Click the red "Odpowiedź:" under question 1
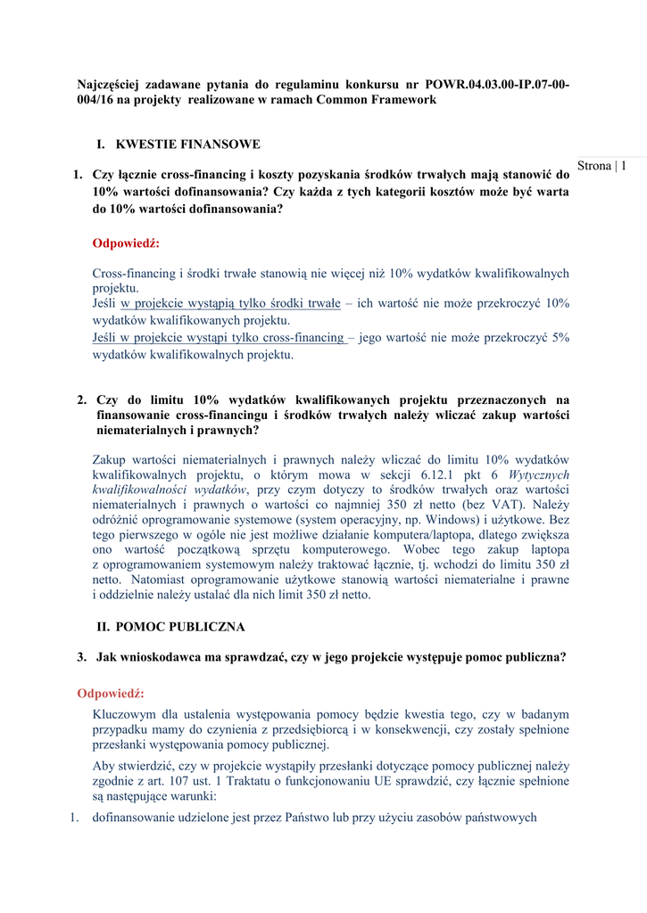[126, 243]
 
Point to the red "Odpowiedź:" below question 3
[111, 694]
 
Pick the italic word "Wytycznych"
[540, 475]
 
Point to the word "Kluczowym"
[123, 714]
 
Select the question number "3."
[82, 657]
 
